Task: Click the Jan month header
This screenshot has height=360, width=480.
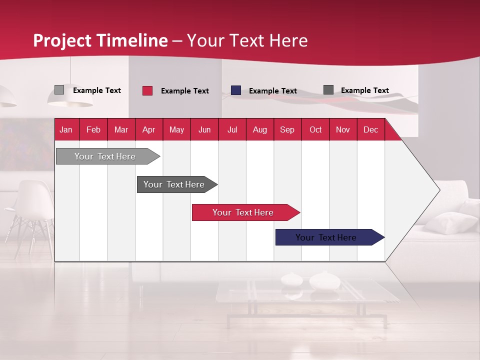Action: click(x=66, y=130)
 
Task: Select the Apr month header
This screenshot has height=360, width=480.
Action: click(x=149, y=130)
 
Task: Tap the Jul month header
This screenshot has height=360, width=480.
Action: click(x=232, y=130)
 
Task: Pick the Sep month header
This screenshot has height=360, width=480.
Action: click(x=287, y=130)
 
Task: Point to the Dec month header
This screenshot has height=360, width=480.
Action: click(x=370, y=130)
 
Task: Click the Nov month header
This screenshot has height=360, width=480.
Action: click(x=342, y=130)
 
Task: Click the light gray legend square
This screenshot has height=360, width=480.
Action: click(x=59, y=90)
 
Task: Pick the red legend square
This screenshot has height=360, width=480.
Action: click(x=147, y=90)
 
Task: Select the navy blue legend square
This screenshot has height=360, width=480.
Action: click(x=236, y=90)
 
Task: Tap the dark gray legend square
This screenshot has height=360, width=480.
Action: click(x=328, y=90)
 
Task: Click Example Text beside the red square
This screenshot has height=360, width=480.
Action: click(x=185, y=91)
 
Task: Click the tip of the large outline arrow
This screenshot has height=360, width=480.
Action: click(x=439, y=190)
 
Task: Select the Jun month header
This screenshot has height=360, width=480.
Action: click(x=204, y=130)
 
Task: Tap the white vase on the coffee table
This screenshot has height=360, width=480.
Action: click(x=324, y=280)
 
